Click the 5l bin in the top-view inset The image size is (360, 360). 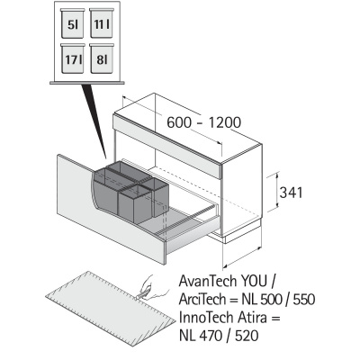[x=73, y=23]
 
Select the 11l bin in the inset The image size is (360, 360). [x=102, y=23]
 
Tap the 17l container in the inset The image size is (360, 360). [x=73, y=58]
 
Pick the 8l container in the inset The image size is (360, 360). [x=102, y=58]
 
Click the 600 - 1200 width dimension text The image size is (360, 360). [x=203, y=122]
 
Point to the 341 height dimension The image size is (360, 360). [x=291, y=193]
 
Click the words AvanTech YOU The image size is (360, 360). [x=222, y=282]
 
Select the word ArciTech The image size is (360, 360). [x=202, y=299]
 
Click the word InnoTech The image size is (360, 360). [x=203, y=318]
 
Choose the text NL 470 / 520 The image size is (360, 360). [x=219, y=336]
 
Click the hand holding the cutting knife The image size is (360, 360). [x=151, y=287]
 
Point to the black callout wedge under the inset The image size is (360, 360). [x=94, y=120]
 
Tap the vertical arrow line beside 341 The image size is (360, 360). [x=277, y=190]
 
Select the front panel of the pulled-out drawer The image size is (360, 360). [x=111, y=210]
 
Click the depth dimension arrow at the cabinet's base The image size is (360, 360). [x=242, y=257]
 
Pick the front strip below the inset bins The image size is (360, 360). [x=87, y=82]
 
